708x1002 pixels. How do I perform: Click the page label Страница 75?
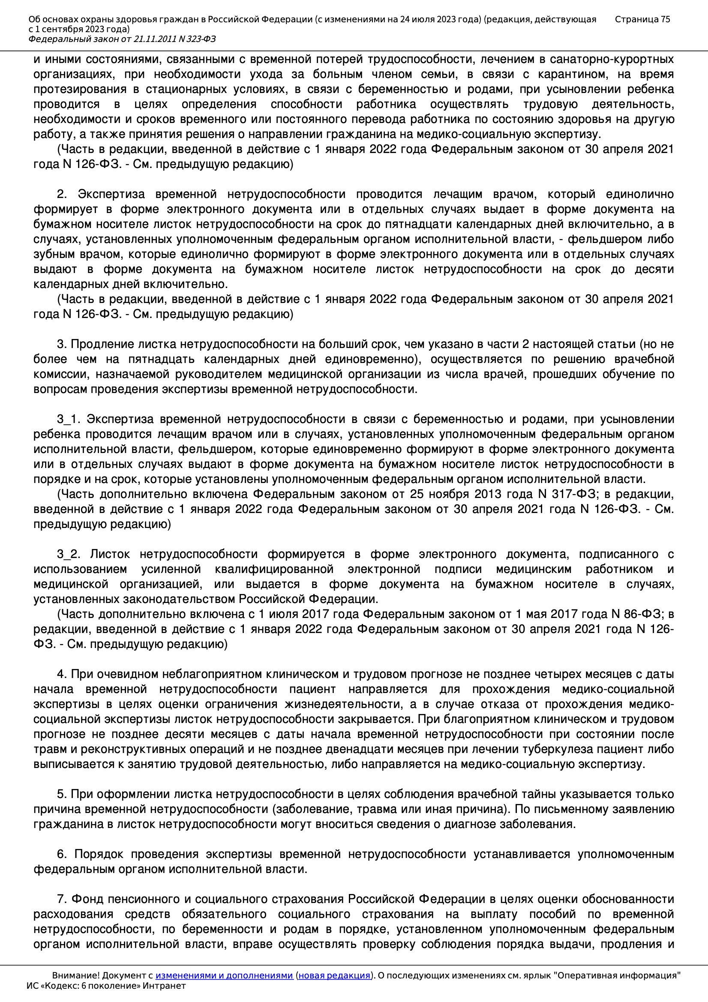coord(642,19)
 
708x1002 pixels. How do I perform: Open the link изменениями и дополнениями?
coord(224,975)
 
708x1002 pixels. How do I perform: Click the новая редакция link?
coord(334,975)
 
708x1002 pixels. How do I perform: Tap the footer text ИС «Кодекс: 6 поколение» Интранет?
coord(106,985)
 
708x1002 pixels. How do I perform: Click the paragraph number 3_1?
coord(69,420)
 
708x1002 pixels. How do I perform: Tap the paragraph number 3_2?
coord(69,554)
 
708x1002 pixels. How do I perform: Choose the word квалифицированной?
coord(274,570)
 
